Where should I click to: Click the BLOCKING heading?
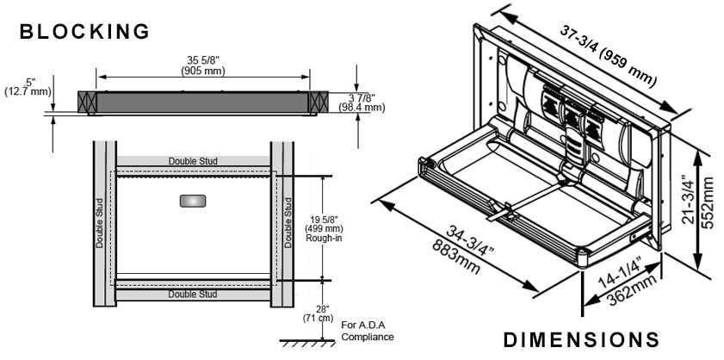point(84,33)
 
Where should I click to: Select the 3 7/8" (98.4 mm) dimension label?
point(362,102)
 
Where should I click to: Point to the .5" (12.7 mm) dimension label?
point(28,86)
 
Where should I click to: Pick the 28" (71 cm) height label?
point(325,313)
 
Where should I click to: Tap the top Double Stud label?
point(193,161)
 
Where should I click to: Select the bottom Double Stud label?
point(193,295)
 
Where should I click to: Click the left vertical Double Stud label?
point(100,227)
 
